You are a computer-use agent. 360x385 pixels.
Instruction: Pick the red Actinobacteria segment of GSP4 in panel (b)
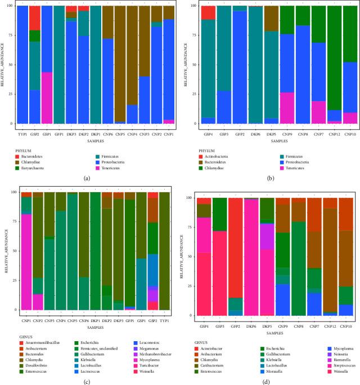tap(208, 13)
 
